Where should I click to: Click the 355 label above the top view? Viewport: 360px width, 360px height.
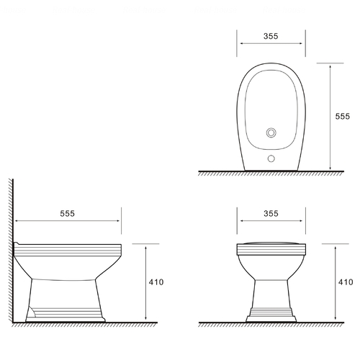[271, 36]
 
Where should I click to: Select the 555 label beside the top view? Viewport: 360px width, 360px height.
[343, 116]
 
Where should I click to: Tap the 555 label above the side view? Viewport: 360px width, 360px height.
[67, 213]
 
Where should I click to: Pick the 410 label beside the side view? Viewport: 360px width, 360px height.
[156, 282]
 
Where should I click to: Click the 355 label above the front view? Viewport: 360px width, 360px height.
[271, 213]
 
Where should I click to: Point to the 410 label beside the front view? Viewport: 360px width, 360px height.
[346, 282]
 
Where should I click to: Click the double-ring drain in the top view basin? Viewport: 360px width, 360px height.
[271, 132]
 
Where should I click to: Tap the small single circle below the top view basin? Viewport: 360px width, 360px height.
[271, 158]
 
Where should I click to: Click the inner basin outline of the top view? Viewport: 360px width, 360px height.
[245, 109]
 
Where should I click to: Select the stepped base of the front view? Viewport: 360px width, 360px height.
[271, 315]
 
